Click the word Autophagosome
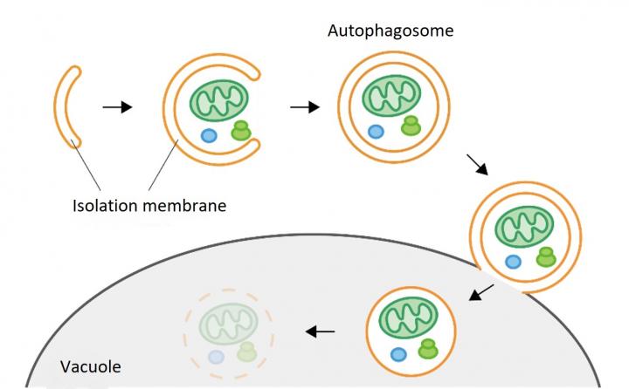[x=390, y=31]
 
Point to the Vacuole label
[x=90, y=366]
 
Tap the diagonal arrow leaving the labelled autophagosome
[x=478, y=164]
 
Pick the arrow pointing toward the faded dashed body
[x=320, y=331]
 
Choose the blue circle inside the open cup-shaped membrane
[x=209, y=135]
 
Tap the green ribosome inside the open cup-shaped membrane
[x=241, y=132]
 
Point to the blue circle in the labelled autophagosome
[x=376, y=132]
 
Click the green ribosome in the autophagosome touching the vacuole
[x=545, y=256]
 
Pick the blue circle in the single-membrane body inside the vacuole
[x=399, y=353]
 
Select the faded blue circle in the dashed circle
[x=215, y=355]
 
